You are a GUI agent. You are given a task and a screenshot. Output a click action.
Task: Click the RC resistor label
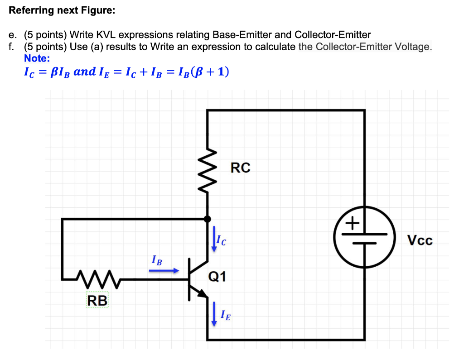tap(240, 168)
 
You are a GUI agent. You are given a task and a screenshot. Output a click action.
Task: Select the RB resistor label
tap(97, 300)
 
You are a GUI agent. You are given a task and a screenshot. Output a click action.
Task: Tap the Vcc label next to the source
tap(420, 240)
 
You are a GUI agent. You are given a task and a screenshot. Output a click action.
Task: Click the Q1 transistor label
tap(217, 276)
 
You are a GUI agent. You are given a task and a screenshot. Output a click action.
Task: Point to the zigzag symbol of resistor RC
tap(208, 171)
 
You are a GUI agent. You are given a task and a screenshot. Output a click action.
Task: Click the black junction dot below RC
tap(208, 219)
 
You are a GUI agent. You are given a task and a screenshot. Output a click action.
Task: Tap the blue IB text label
tap(156, 261)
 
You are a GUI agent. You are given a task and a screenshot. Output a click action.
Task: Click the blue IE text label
tap(225, 315)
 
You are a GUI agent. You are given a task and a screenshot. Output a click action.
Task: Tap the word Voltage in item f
tap(413, 47)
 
